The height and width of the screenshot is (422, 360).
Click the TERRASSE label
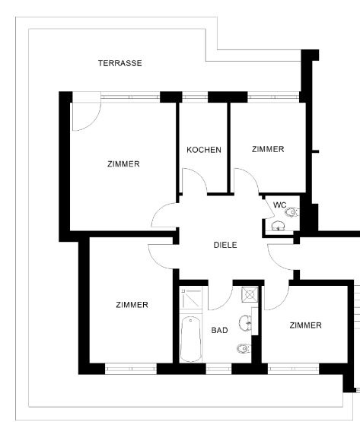click(x=120, y=63)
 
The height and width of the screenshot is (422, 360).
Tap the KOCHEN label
click(x=204, y=150)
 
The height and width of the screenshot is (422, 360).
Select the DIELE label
click(x=225, y=245)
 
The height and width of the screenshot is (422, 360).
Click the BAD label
click(x=220, y=330)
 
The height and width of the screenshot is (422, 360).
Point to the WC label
click(x=279, y=205)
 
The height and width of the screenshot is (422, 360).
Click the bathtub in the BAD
click(x=191, y=339)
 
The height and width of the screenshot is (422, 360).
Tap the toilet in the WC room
click(x=292, y=212)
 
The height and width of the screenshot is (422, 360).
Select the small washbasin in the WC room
click(x=278, y=226)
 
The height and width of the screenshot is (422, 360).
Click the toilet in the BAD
click(x=244, y=349)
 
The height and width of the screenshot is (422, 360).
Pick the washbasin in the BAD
click(x=246, y=322)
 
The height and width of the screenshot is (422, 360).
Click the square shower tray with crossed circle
click(x=250, y=294)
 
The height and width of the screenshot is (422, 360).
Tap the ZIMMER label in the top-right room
click(x=268, y=149)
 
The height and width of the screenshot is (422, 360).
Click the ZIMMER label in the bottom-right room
click(x=305, y=325)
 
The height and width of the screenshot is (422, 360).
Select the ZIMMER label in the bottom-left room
click(x=132, y=305)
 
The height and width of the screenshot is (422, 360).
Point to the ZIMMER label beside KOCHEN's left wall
click(x=123, y=164)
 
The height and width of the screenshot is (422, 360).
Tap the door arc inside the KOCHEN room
click(x=201, y=175)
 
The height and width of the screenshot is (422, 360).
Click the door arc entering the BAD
click(x=226, y=303)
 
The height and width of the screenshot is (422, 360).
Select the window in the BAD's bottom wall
click(x=218, y=369)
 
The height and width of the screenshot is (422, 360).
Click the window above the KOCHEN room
click(x=195, y=97)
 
